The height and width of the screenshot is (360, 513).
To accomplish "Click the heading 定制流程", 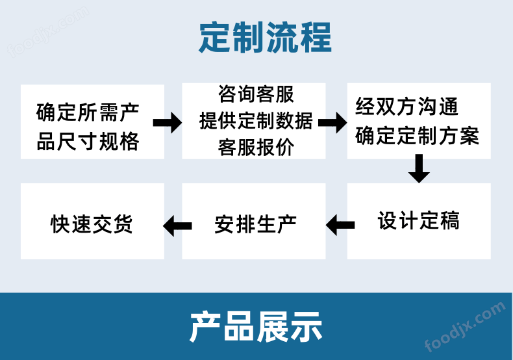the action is coord(266,37).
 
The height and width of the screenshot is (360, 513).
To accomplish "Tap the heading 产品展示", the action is coord(256,327).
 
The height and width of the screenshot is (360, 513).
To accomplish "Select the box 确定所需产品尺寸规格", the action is coord(92,122).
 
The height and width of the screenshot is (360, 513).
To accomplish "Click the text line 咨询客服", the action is coord(256,94).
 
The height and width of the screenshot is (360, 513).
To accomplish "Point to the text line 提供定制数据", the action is coord(256,121).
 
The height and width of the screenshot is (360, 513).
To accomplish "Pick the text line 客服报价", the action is coord(256,148).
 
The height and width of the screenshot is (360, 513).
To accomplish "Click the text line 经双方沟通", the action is coord(407,107).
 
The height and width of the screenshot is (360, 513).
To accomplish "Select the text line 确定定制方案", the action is coord(417,136).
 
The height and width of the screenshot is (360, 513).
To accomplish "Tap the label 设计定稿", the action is coord(418,220).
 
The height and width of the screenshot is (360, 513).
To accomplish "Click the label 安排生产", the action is coord(255,224).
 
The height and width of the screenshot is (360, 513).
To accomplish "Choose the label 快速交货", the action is coord(92,224).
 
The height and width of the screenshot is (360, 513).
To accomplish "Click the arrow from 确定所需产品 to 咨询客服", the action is coord(167,123).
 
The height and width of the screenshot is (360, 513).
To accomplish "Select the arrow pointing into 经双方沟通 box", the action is coord(332,123).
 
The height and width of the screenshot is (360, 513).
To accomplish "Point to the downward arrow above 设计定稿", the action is coord(419,168).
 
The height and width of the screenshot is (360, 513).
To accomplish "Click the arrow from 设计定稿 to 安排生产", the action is coord(340,225).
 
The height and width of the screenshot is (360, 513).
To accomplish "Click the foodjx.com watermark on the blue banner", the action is coord(465,327).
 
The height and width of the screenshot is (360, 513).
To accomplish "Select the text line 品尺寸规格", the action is coord(88,142).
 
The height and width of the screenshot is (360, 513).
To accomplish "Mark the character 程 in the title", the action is coord(316,37).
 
